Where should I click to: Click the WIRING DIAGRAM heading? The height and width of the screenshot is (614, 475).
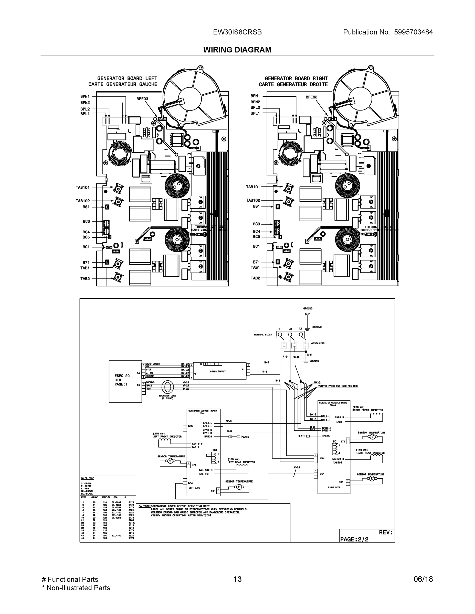[237, 50]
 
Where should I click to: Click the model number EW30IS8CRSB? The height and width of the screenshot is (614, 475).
[237, 32]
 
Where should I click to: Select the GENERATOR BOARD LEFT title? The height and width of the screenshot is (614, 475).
[127, 79]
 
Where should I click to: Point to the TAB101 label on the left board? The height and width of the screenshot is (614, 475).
[82, 187]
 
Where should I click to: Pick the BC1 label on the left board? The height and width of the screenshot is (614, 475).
[86, 247]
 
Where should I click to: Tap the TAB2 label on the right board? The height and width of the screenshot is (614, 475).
[255, 278]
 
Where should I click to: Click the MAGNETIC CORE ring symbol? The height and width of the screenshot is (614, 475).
[167, 387]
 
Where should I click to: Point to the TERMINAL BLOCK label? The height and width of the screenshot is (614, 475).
[262, 335]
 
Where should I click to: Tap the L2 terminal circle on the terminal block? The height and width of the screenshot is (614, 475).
[290, 335]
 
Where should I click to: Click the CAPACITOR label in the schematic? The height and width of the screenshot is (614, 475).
[318, 343]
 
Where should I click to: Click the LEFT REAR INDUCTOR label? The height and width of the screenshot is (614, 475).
[241, 462]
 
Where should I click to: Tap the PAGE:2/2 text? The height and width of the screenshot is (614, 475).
[354, 539]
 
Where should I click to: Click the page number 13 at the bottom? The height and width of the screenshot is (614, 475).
[237, 579]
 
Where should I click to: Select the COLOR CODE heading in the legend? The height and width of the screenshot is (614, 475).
[87, 478]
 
